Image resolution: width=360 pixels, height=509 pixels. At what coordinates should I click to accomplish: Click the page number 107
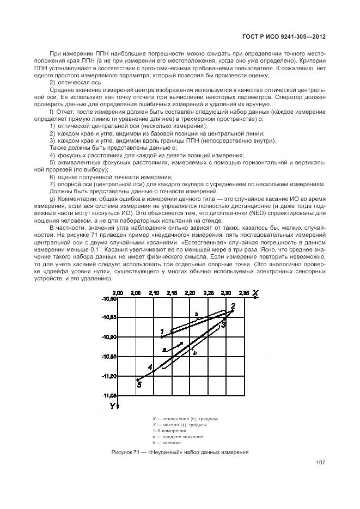coord(320,463)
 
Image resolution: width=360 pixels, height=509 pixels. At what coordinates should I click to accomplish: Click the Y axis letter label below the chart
coord(112,406)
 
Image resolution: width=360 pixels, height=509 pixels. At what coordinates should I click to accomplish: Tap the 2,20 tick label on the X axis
coord(190,293)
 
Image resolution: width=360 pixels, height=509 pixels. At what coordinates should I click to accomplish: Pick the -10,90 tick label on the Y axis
coord(109,337)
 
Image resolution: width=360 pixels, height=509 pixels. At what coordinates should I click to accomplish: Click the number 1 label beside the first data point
coord(162,331)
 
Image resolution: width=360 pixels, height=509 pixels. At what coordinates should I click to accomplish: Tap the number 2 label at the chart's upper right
coord(233,306)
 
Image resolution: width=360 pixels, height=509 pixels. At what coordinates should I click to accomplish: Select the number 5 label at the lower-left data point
coord(139,385)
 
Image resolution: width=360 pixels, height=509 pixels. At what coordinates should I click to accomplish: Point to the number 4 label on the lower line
coord(151,367)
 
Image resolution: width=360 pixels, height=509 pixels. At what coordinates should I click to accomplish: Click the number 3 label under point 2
coord(223,324)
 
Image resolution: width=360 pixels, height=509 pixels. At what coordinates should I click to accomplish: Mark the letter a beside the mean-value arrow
coord(163,349)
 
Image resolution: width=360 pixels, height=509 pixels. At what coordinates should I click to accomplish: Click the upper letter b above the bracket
coord(197,314)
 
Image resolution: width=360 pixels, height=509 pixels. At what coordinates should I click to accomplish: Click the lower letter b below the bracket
coord(194,352)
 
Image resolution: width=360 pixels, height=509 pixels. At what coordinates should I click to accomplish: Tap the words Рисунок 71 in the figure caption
coord(126,452)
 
